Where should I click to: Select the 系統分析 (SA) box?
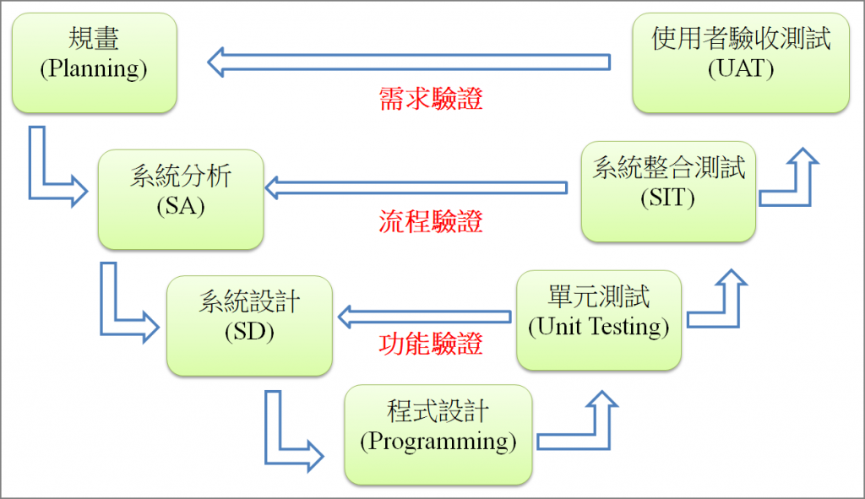pos(180,200)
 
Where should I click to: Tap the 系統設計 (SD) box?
pos(249,325)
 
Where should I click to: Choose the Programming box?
pos(438,434)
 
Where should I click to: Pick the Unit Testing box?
pos(598,320)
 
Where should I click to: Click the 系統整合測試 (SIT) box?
pos(668,191)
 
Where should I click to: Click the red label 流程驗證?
pos(432,222)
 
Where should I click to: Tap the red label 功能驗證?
pos(432,344)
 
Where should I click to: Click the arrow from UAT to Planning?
pos(410,62)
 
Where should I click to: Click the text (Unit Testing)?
pos(598,328)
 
